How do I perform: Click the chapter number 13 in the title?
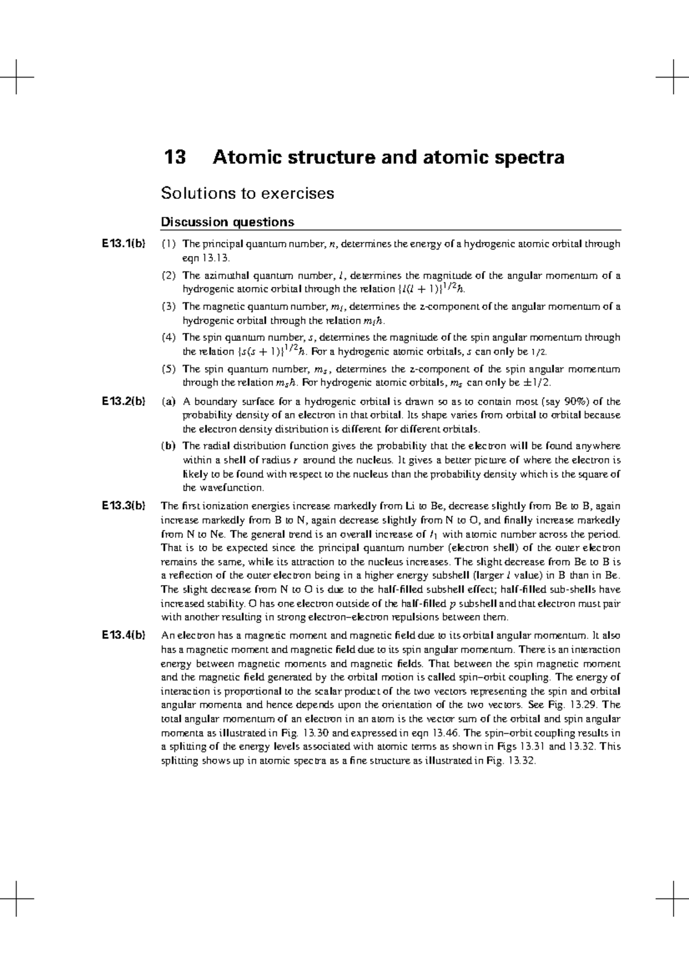pyautogui.click(x=175, y=157)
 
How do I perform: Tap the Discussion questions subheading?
pyautogui.click(x=227, y=222)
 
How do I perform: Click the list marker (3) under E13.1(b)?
pyautogui.click(x=168, y=306)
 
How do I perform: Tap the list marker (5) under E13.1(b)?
pyautogui.click(x=168, y=369)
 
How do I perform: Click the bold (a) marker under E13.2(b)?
pyautogui.click(x=168, y=401)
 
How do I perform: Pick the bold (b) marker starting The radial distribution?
pyautogui.click(x=168, y=445)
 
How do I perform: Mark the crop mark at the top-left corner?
pyautogui.click(x=17, y=76)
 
